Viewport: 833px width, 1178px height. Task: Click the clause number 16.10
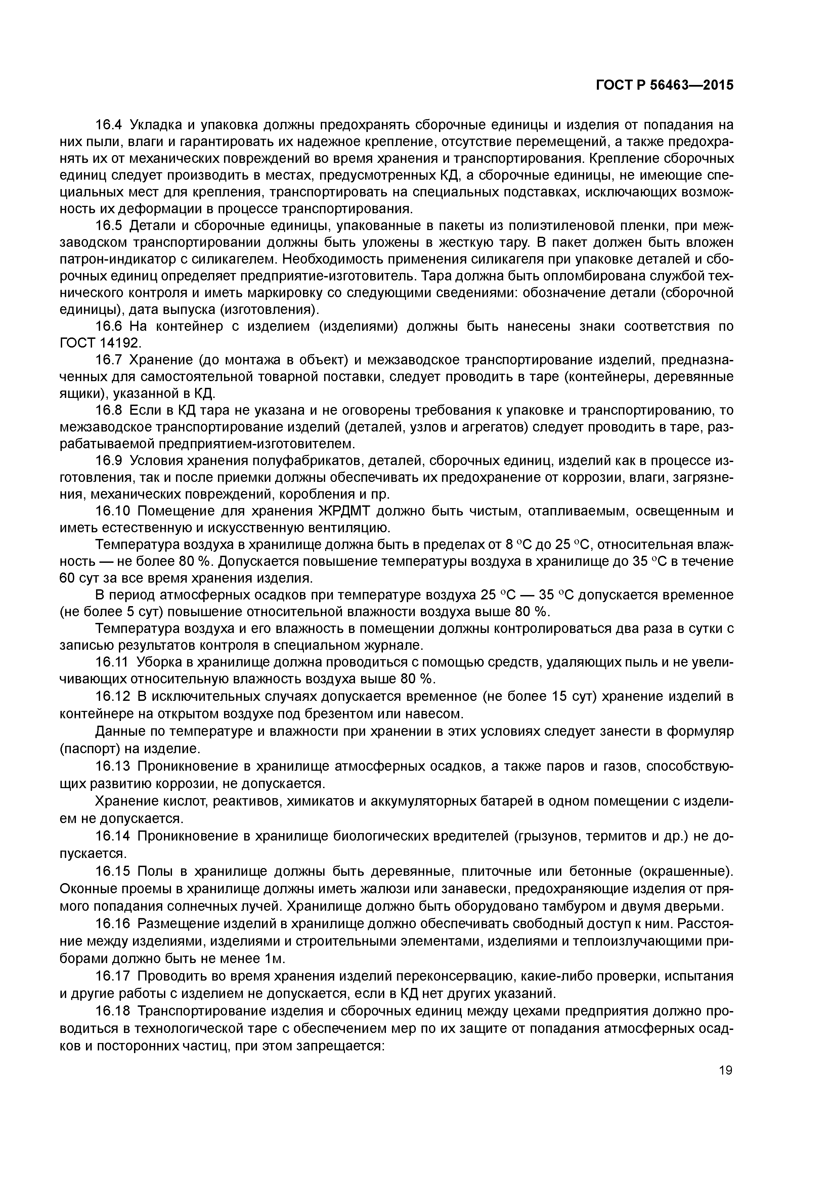113,511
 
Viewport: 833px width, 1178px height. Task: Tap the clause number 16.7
109,360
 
